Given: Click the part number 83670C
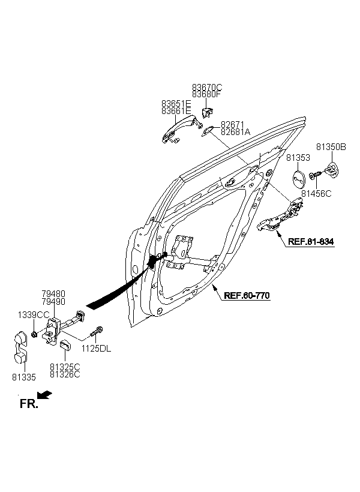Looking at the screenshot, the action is (207, 87).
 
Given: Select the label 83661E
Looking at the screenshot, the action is (176, 111).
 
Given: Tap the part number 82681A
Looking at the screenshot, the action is (235, 132).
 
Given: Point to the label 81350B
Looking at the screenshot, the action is (331, 147).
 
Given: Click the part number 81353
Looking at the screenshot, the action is (298, 158).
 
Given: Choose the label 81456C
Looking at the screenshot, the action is (316, 194).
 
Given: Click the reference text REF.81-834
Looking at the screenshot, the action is (311, 241).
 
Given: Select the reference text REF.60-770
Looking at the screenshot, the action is (247, 295).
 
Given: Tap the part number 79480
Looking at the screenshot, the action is (53, 294).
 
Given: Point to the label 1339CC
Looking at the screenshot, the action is (34, 315).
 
